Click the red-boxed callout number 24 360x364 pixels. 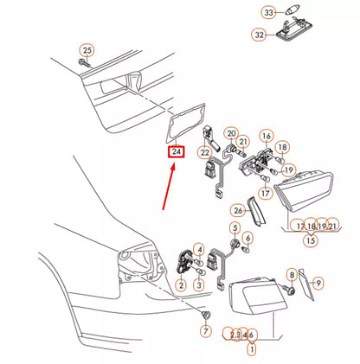click(x=177, y=153)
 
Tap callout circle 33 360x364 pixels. click(x=268, y=12)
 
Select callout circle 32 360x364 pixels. click(x=259, y=35)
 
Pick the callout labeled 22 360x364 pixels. click(x=204, y=153)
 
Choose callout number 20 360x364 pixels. click(x=231, y=134)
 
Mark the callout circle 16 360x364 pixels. click(x=267, y=137)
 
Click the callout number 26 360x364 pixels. click(x=238, y=209)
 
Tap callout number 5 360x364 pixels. click(x=234, y=228)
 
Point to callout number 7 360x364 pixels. click(x=206, y=331)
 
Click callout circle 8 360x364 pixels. click(x=292, y=275)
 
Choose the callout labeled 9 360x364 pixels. click(x=318, y=283)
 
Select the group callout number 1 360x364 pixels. click(x=252, y=350)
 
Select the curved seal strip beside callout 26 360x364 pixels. click(x=254, y=211)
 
